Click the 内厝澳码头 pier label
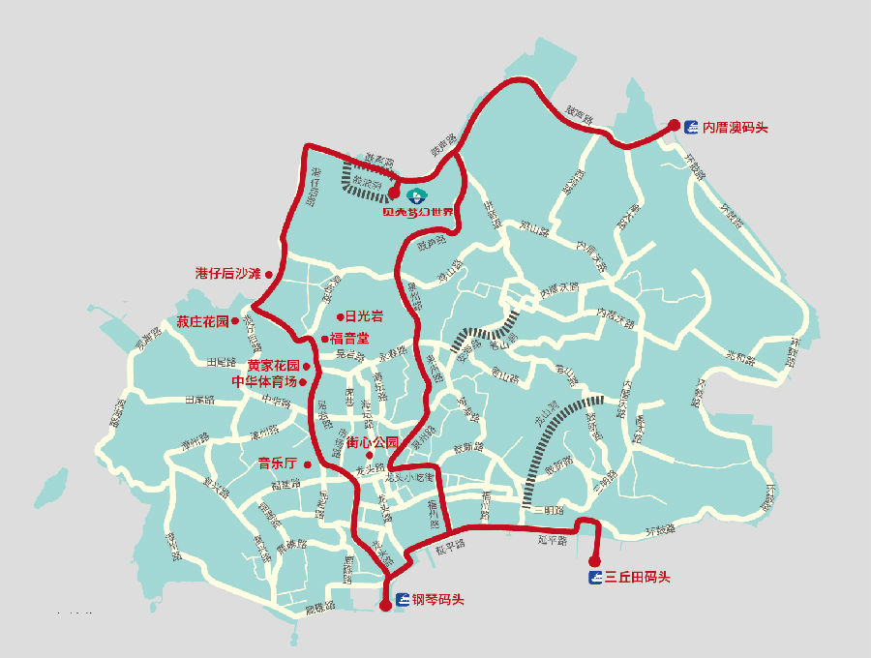[x=735, y=127]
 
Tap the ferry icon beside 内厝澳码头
[x=691, y=127]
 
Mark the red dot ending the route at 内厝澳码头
[x=675, y=125]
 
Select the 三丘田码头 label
[x=638, y=578]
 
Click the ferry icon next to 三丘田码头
[x=596, y=578]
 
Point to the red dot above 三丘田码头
[x=592, y=559]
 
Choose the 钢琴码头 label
[x=438, y=600]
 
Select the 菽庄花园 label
[x=202, y=321]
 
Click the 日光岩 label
[x=364, y=316]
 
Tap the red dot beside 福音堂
[x=324, y=339]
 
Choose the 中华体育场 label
[x=263, y=381]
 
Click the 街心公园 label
[x=372, y=442]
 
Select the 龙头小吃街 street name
[x=413, y=477]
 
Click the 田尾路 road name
[x=222, y=362]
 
